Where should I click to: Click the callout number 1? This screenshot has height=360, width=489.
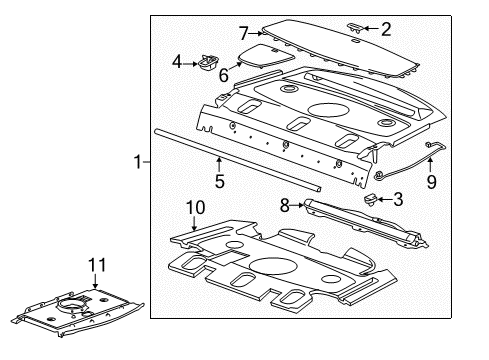[x=137, y=162]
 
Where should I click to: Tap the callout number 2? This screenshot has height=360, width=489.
[x=386, y=29]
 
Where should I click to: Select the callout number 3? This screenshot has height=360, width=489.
[x=398, y=199]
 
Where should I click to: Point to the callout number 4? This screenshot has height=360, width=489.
[x=177, y=62]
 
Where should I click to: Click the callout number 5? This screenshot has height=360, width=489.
[x=220, y=181]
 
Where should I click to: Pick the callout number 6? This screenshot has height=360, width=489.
[x=224, y=75]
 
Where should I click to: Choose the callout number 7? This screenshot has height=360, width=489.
[x=244, y=33]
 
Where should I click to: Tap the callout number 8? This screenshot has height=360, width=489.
[x=284, y=205]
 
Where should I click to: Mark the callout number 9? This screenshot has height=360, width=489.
[x=431, y=182]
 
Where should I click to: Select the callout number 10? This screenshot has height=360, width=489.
[x=195, y=207]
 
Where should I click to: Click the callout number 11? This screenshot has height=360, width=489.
[x=97, y=265]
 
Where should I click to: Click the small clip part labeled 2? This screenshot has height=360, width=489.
[x=354, y=28]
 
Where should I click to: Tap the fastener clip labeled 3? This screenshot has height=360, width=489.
[x=370, y=200]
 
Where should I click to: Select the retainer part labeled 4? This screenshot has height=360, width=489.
[x=208, y=63]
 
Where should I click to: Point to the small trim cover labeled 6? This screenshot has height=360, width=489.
[x=267, y=56]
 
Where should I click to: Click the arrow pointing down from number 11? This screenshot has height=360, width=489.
[x=95, y=281]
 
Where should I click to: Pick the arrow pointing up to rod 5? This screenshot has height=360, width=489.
[x=219, y=165]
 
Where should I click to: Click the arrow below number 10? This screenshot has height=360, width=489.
[x=194, y=223]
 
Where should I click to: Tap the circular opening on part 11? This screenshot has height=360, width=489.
[x=72, y=304]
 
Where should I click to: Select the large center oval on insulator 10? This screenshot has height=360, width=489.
[x=273, y=266]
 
